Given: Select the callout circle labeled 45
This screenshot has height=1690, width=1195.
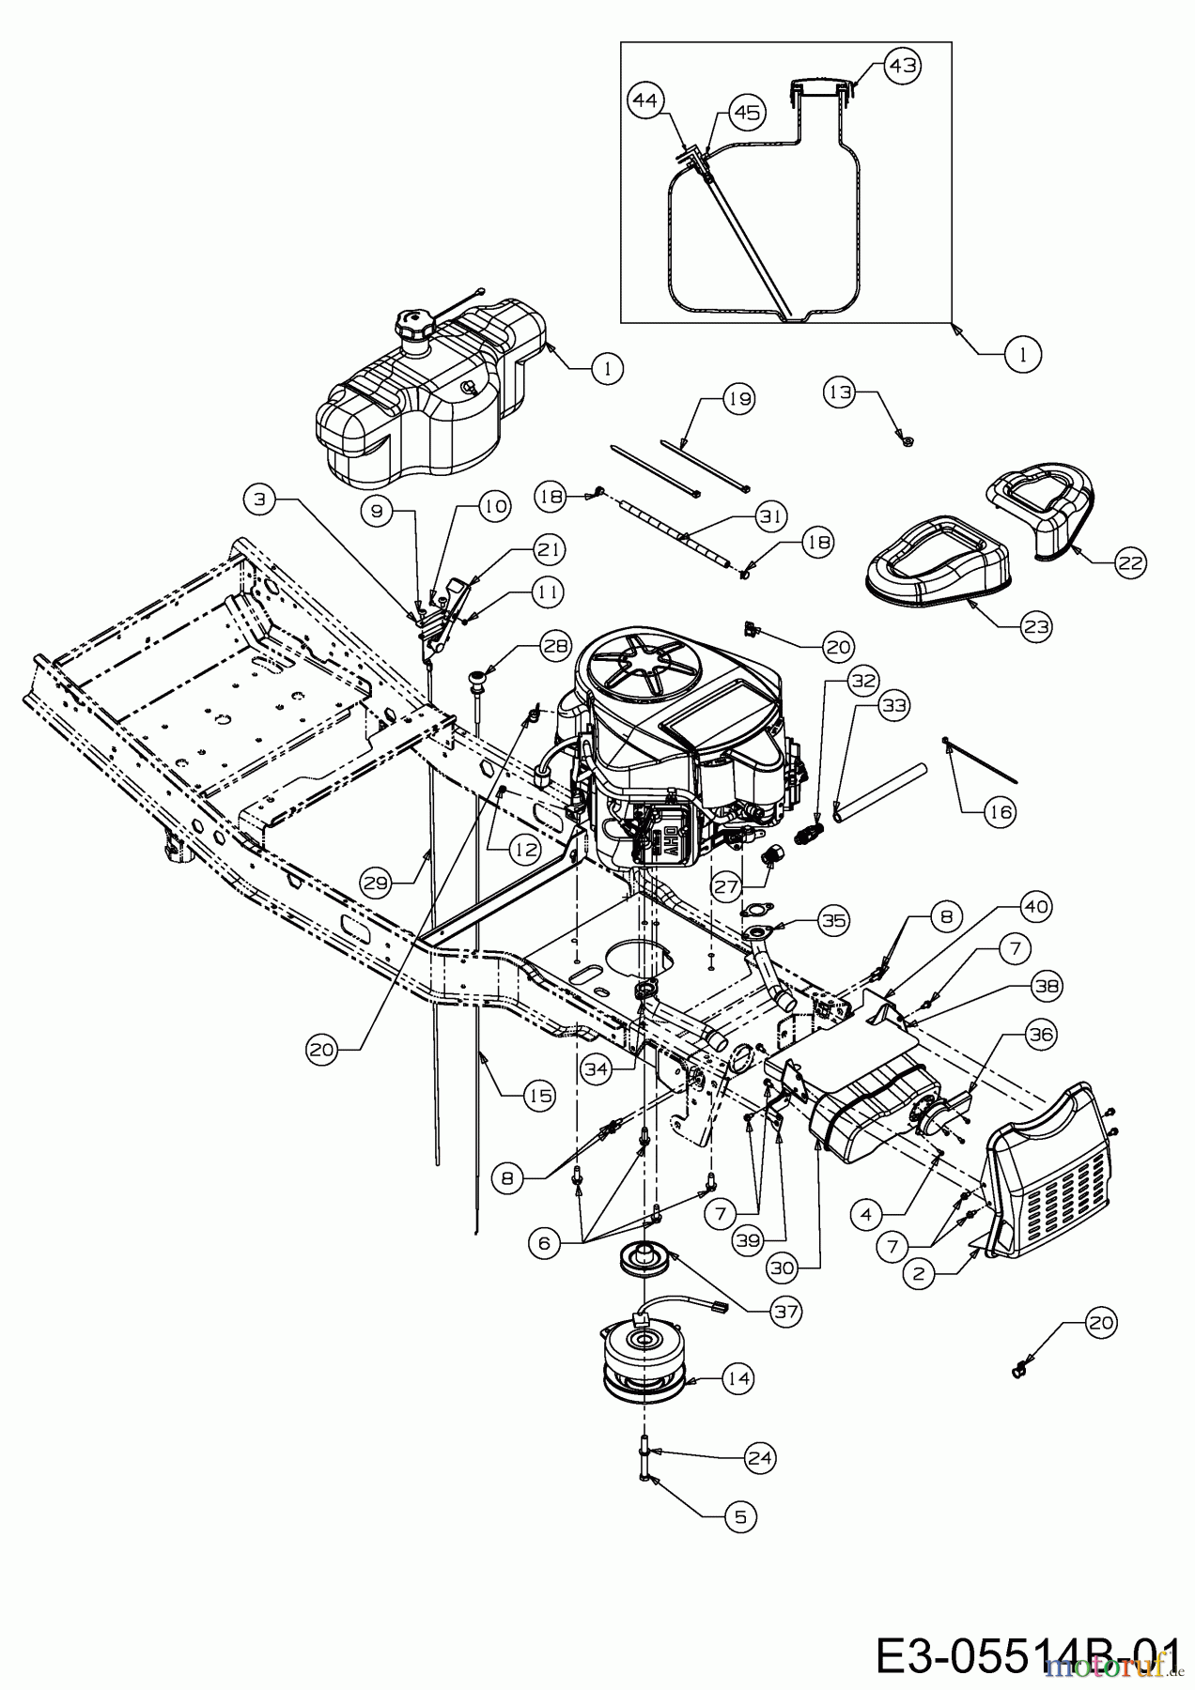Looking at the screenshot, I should [x=746, y=113].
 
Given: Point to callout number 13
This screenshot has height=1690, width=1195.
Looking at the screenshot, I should [x=840, y=392].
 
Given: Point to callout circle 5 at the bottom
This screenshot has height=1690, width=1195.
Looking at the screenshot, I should [x=740, y=1515].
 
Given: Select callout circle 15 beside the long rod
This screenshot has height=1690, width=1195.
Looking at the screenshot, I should [x=539, y=1095].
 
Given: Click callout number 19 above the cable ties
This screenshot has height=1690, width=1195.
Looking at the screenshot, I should [x=738, y=399].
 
